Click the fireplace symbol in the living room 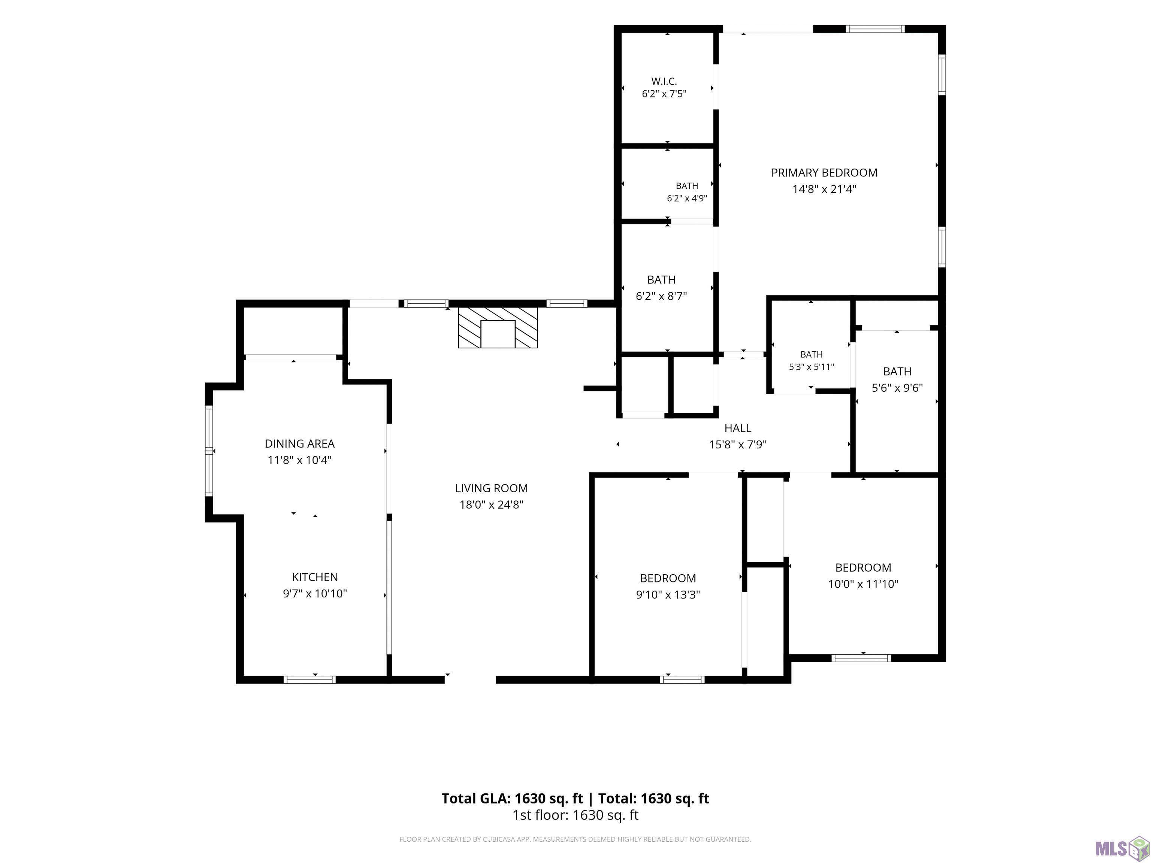[498, 327]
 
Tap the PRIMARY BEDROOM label [824, 173]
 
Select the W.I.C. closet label [664, 81]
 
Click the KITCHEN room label [315, 577]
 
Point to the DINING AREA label [300, 444]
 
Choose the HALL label [738, 428]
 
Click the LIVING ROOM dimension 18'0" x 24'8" [491, 505]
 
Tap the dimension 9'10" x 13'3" [668, 594]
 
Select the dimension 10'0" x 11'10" [863, 584]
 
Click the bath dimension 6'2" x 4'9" [687, 198]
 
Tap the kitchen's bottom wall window [309, 679]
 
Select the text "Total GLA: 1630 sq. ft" [513, 799]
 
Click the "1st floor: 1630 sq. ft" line [575, 815]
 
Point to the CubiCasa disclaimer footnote [575, 839]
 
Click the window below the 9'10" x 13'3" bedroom [682, 679]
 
